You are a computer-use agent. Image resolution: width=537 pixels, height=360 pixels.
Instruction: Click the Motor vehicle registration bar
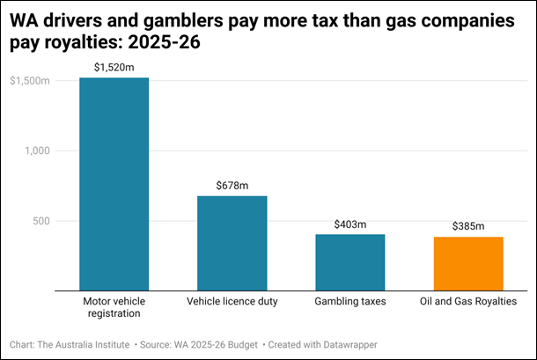(x=114, y=184)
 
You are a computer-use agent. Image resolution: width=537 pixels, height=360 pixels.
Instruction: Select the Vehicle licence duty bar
(x=232, y=243)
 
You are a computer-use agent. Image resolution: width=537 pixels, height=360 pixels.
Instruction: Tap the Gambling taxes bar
(x=349, y=262)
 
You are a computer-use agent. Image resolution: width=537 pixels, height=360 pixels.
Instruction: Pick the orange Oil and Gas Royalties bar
(x=467, y=264)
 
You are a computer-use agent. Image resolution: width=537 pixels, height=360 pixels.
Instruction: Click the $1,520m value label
(x=114, y=66)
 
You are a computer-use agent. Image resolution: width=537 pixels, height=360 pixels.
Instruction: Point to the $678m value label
(x=232, y=185)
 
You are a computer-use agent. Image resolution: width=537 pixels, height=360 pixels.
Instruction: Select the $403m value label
(x=349, y=224)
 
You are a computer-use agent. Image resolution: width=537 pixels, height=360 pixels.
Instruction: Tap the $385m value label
(x=467, y=226)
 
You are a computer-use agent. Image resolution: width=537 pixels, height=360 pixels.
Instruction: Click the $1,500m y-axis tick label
(x=29, y=81)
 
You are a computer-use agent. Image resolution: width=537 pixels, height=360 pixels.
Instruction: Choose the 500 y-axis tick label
(x=40, y=220)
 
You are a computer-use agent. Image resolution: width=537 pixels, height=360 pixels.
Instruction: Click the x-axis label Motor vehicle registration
(x=114, y=307)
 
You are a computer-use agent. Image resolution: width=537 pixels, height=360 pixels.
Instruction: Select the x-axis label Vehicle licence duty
(x=232, y=302)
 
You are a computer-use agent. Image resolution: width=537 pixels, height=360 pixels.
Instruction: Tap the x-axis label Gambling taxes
(x=349, y=302)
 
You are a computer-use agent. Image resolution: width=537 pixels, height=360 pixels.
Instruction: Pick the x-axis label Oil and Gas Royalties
(x=467, y=302)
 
